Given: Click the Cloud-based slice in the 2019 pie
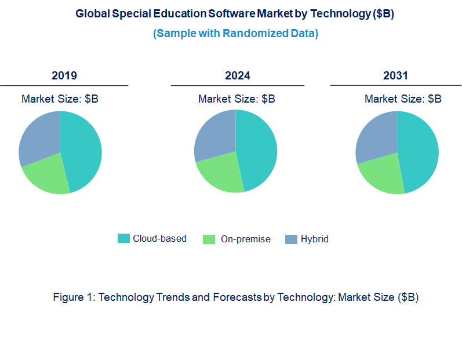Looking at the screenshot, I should (x=81, y=151).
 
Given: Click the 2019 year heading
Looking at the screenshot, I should (x=64, y=75).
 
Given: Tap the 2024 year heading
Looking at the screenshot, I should (x=238, y=75).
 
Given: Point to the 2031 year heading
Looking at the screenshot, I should (x=395, y=75).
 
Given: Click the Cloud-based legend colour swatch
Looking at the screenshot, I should (x=123, y=238).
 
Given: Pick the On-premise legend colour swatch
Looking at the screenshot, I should (x=210, y=239).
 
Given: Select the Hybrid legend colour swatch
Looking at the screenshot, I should (x=291, y=239).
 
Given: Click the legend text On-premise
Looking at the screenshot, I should (x=245, y=239).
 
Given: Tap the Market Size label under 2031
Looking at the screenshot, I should (x=403, y=99).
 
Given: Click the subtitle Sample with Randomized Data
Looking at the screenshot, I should (x=235, y=33).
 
